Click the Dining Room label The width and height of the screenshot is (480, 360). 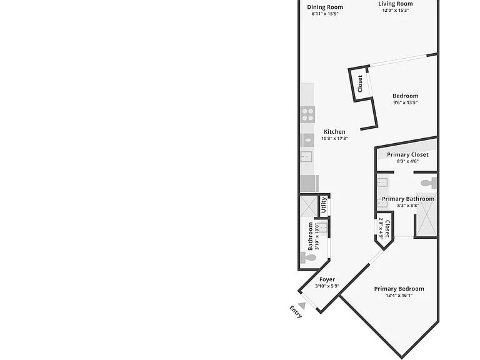pyautogui.click(x=325, y=7)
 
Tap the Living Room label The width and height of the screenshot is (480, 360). pyautogui.click(x=396, y=4)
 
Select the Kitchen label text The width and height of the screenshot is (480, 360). pyautogui.click(x=334, y=132)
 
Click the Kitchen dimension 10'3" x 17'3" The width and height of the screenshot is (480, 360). pyautogui.click(x=334, y=138)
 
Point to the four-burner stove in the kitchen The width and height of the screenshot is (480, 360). pyautogui.click(x=308, y=115)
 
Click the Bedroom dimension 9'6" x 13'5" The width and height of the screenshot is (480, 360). pyautogui.click(x=405, y=102)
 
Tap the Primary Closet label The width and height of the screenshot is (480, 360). pyautogui.click(x=407, y=154)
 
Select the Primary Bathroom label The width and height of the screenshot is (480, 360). pyautogui.click(x=408, y=199)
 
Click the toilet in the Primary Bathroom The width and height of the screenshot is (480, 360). pyautogui.click(x=429, y=183)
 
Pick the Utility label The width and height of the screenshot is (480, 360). pyautogui.click(x=324, y=205)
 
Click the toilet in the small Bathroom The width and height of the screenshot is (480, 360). pyautogui.click(x=308, y=257)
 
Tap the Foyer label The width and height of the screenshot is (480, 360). pyautogui.click(x=327, y=279)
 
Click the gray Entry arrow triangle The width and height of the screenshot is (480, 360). pyautogui.click(x=302, y=306)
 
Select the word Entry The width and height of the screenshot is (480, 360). pyautogui.click(x=296, y=312)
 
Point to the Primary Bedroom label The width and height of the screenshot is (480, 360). pyautogui.click(x=399, y=289)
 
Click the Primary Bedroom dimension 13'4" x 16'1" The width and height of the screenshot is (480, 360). pyautogui.click(x=399, y=296)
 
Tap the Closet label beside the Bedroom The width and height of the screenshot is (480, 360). pyautogui.click(x=360, y=84)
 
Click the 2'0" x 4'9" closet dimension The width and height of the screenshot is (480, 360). pyautogui.click(x=381, y=228)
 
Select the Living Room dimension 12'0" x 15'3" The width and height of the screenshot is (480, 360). pyautogui.click(x=396, y=11)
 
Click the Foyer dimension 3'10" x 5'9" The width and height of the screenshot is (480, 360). pyautogui.click(x=327, y=286)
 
